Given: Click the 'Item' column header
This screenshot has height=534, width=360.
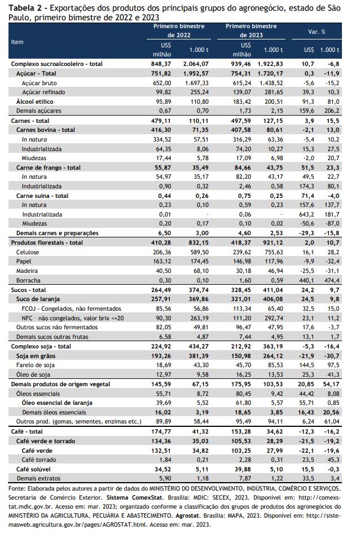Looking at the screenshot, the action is tap(17, 42).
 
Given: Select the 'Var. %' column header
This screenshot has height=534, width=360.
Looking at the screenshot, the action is tap(317, 32).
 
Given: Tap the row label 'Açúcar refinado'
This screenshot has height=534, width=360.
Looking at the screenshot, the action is tap(43, 92).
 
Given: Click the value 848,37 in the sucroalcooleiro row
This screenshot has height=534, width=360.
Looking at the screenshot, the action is tap(161, 64).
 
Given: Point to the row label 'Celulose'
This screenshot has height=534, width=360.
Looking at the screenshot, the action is tap(28, 252).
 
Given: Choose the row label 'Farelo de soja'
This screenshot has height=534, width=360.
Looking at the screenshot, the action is tap(36, 365).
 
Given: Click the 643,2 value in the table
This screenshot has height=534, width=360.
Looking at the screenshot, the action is tap(306, 214).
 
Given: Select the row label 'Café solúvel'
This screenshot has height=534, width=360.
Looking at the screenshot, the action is tap(33, 469).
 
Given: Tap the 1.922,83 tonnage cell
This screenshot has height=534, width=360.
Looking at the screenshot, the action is tap(270, 64).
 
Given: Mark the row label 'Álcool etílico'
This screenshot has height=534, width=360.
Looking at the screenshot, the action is tap(35, 101).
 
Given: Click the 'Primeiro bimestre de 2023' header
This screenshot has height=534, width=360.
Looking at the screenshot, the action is tap(251, 30).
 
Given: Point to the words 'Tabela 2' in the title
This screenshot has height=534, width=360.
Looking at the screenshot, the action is tap(22, 8).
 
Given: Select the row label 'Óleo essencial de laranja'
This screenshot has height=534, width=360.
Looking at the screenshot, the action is tap(57, 403).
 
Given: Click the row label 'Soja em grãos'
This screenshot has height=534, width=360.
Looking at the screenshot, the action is tap(36, 356).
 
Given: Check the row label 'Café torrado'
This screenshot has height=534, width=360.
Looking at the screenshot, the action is tap(39, 460).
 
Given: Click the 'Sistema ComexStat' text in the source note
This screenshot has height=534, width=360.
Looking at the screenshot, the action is tap(131, 497).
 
